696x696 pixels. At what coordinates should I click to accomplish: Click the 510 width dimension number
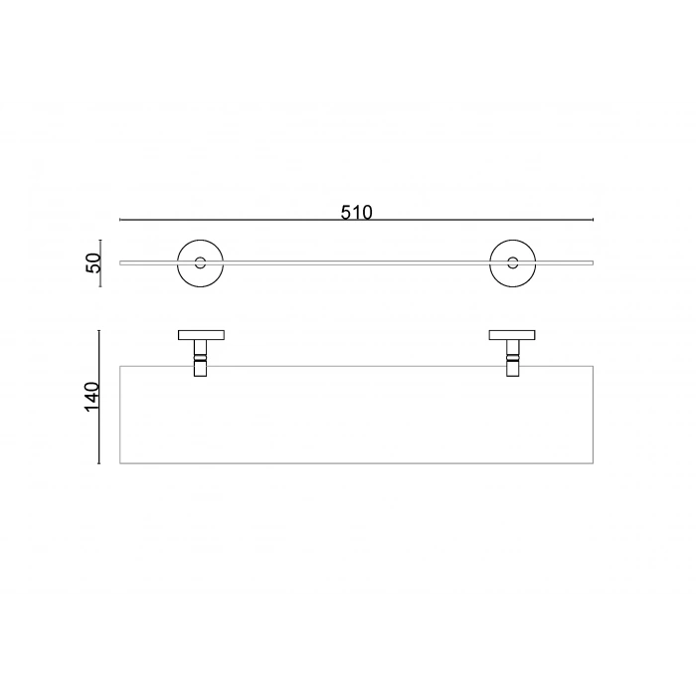click(x=356, y=212)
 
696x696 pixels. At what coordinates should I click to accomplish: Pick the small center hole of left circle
click(x=201, y=262)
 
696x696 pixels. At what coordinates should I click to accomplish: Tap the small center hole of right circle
click(x=513, y=262)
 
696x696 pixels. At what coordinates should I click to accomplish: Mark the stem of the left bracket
click(x=201, y=359)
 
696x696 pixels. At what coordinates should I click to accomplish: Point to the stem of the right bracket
click(x=513, y=359)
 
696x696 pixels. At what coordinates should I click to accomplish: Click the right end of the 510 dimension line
click(x=593, y=220)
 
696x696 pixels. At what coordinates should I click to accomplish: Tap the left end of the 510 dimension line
click(x=120, y=220)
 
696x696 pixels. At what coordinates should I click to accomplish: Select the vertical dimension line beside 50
click(x=100, y=262)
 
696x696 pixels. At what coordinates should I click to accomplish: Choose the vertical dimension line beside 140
click(x=99, y=397)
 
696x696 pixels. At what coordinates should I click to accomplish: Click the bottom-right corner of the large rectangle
click(x=593, y=463)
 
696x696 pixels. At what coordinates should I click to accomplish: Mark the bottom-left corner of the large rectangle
click(x=120, y=463)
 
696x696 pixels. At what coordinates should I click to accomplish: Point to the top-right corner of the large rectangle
click(x=593, y=367)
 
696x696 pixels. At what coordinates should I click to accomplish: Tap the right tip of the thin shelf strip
click(x=593, y=262)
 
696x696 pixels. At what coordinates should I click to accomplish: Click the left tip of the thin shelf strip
click(x=120, y=262)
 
